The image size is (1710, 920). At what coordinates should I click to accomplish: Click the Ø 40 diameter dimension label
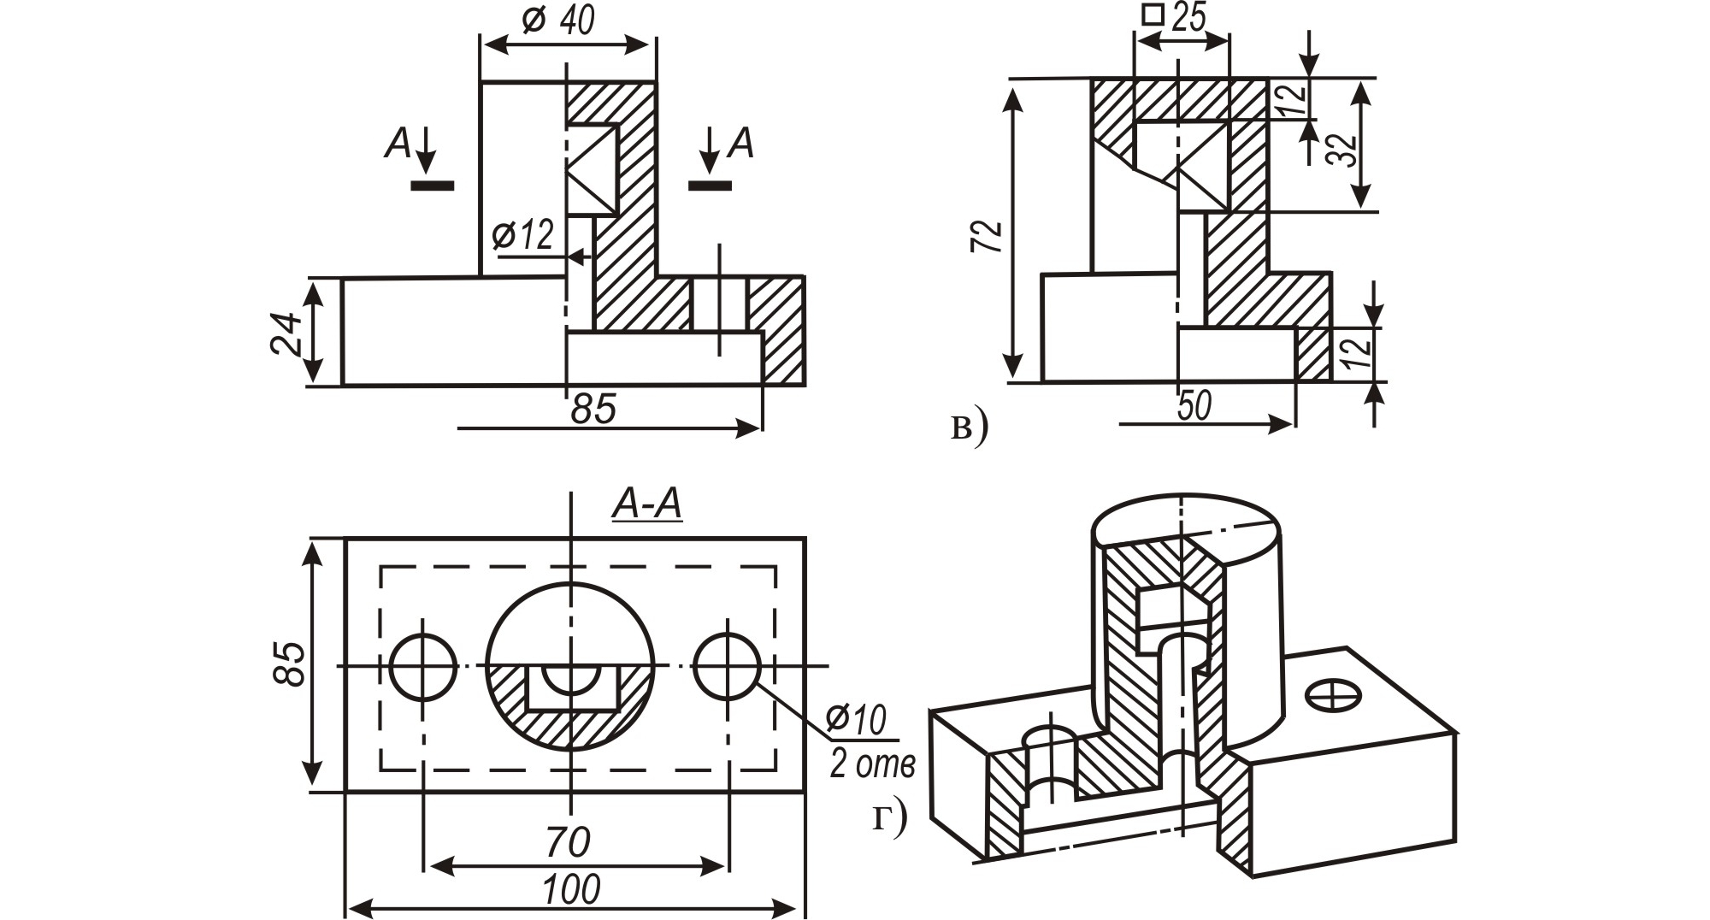pyautogui.click(x=557, y=20)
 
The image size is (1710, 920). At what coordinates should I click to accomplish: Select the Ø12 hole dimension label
pyautogui.click(x=524, y=234)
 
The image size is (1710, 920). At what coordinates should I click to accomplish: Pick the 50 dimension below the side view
pyautogui.click(x=1194, y=406)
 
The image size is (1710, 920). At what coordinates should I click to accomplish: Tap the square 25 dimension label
pyautogui.click(x=1176, y=16)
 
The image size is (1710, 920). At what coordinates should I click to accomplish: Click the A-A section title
pyautogui.click(x=647, y=504)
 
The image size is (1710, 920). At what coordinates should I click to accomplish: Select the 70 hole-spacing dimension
pyautogui.click(x=568, y=842)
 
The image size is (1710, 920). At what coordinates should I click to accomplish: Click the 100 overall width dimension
pyautogui.click(x=571, y=890)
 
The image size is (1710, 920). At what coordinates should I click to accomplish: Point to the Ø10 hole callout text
pyautogui.click(x=857, y=721)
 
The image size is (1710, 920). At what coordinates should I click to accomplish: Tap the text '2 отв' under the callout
pyautogui.click(x=871, y=764)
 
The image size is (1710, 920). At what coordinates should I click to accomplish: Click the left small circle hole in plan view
pyautogui.click(x=422, y=666)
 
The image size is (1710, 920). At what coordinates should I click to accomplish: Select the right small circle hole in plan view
pyautogui.click(x=728, y=666)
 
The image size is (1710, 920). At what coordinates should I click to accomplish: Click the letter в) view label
pyautogui.click(x=969, y=427)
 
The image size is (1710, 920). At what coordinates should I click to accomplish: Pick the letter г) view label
pyautogui.click(x=889, y=818)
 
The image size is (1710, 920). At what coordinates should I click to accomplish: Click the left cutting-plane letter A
pyautogui.click(x=398, y=144)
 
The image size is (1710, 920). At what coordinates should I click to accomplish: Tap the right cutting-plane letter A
pyautogui.click(x=740, y=144)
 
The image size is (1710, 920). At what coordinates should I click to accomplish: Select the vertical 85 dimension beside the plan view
pyautogui.click(x=290, y=663)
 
